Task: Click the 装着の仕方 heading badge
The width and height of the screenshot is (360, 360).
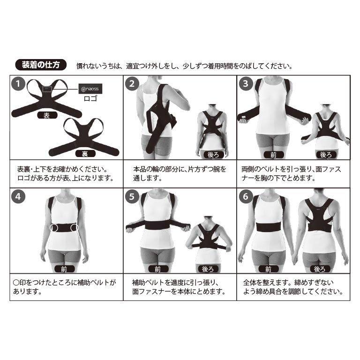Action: coord(41,65)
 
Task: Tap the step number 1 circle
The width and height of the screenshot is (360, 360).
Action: coord(18,84)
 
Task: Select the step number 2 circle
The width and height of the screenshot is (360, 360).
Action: coord(132,84)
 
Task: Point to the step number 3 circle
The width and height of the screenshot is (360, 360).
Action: coord(246,84)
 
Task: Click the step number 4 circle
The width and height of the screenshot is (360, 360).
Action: coord(18,197)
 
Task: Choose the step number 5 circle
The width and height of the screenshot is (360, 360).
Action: coord(132,197)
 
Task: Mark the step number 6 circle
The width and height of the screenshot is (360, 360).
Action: coord(246,197)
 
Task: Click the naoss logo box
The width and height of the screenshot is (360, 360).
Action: coord(90,89)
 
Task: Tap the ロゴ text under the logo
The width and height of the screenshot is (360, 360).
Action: coord(90,98)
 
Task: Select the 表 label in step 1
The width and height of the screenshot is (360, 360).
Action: coord(47,115)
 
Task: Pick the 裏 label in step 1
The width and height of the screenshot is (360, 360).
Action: coord(85,154)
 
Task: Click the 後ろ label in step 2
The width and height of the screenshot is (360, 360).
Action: coord(213,155)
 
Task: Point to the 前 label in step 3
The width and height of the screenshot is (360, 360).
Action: coord(274,155)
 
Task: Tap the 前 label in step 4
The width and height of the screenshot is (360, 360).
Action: coord(65,269)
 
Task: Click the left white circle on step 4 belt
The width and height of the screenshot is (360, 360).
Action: coord(54,228)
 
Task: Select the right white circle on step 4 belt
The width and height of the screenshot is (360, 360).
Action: coord(75,228)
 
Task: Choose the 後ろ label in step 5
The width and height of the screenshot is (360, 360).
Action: coord(208,269)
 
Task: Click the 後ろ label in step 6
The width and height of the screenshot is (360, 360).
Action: coord(320,269)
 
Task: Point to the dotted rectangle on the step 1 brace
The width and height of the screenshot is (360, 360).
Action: coord(47,89)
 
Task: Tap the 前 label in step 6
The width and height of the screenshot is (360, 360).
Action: coord(269,269)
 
